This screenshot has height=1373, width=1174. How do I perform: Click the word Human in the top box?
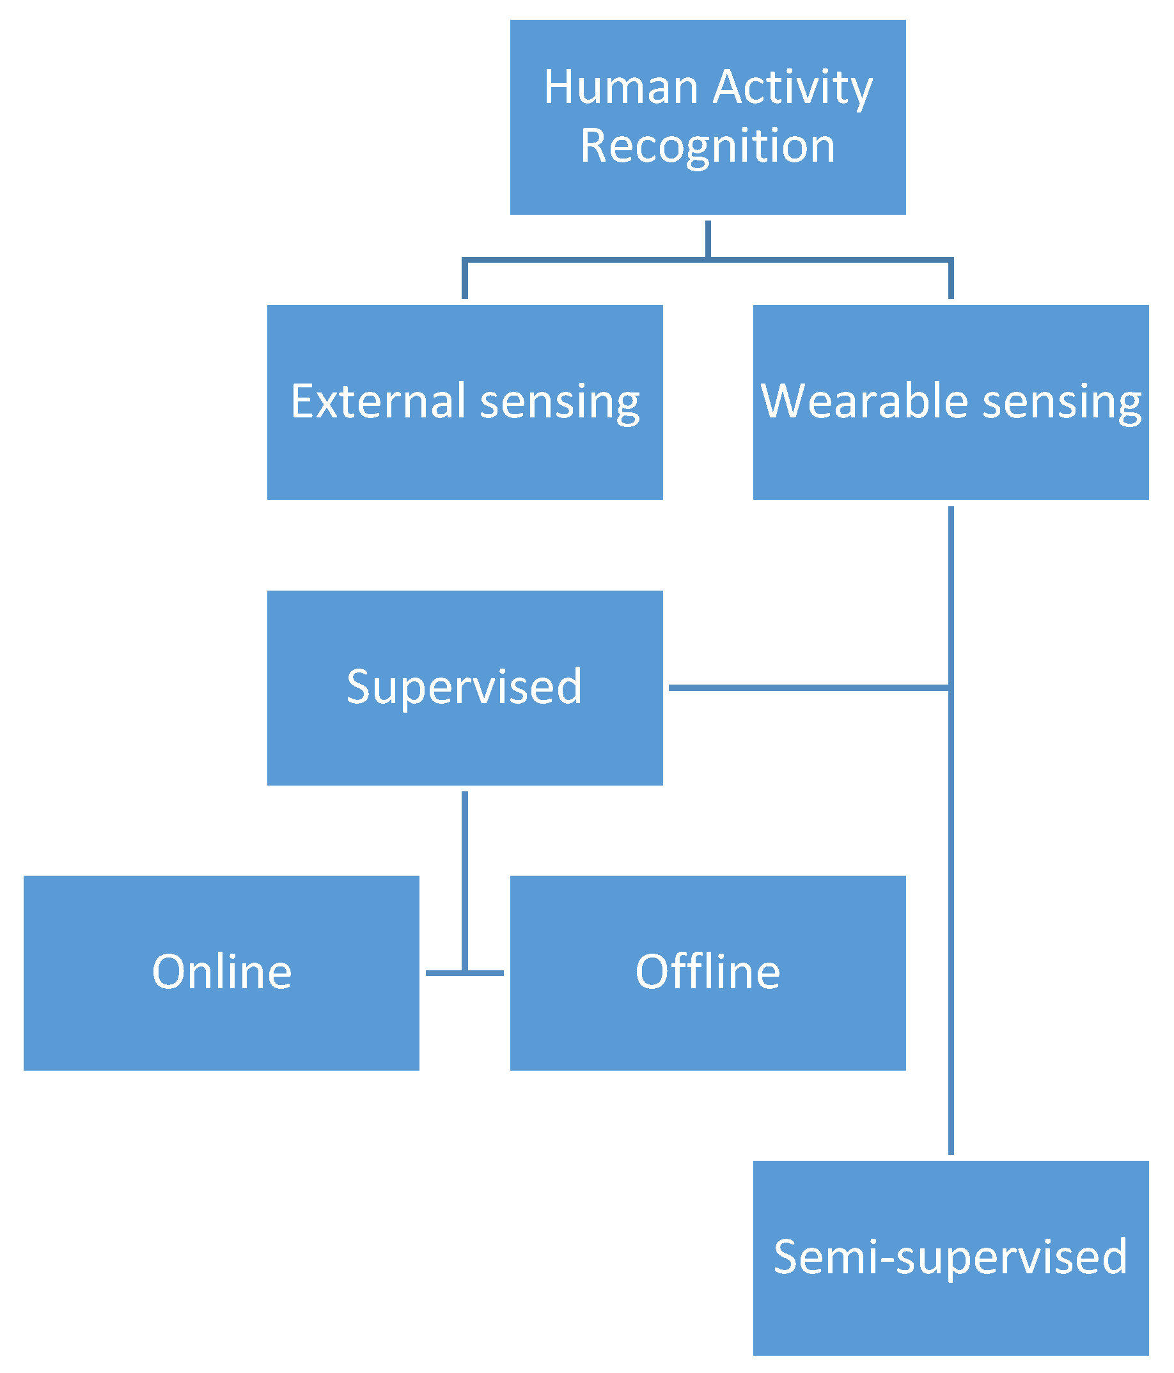tap(620, 88)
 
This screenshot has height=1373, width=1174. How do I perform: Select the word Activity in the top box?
tap(793, 89)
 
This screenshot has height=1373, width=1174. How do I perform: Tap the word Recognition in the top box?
tap(707, 146)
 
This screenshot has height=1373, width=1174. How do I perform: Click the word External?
tap(379, 401)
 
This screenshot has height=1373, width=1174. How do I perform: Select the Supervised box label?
tap(464, 687)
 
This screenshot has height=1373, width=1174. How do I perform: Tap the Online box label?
tap(221, 972)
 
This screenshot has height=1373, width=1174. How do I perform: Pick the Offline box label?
tap(707, 972)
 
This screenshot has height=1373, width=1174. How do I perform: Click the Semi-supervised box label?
tap(950, 1257)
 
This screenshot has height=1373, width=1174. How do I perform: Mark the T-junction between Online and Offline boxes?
tap(465, 973)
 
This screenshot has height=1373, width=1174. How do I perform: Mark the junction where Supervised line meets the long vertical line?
tap(951, 688)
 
